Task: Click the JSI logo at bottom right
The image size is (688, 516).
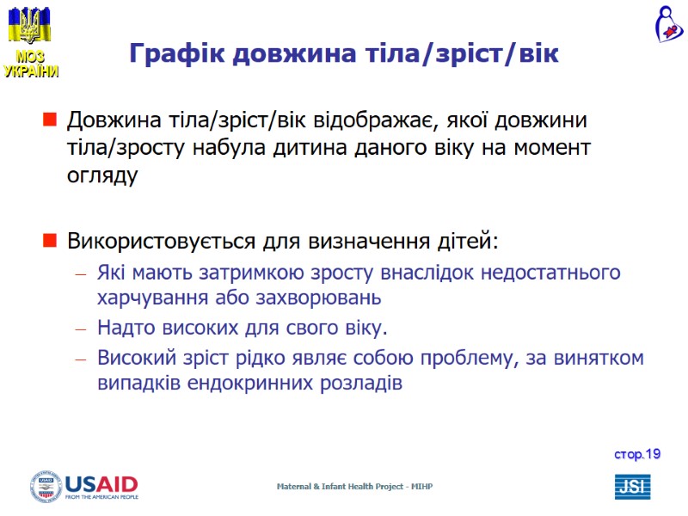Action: click(x=632, y=487)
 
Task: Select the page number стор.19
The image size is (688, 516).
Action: click(x=637, y=453)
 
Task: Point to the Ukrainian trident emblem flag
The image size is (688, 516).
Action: click(x=29, y=25)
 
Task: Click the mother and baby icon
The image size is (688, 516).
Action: click(x=666, y=24)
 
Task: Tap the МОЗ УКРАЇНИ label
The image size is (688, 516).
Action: click(x=31, y=64)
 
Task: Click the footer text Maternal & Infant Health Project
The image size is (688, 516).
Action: click(x=353, y=487)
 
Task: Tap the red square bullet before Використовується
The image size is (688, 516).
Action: click(x=50, y=239)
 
